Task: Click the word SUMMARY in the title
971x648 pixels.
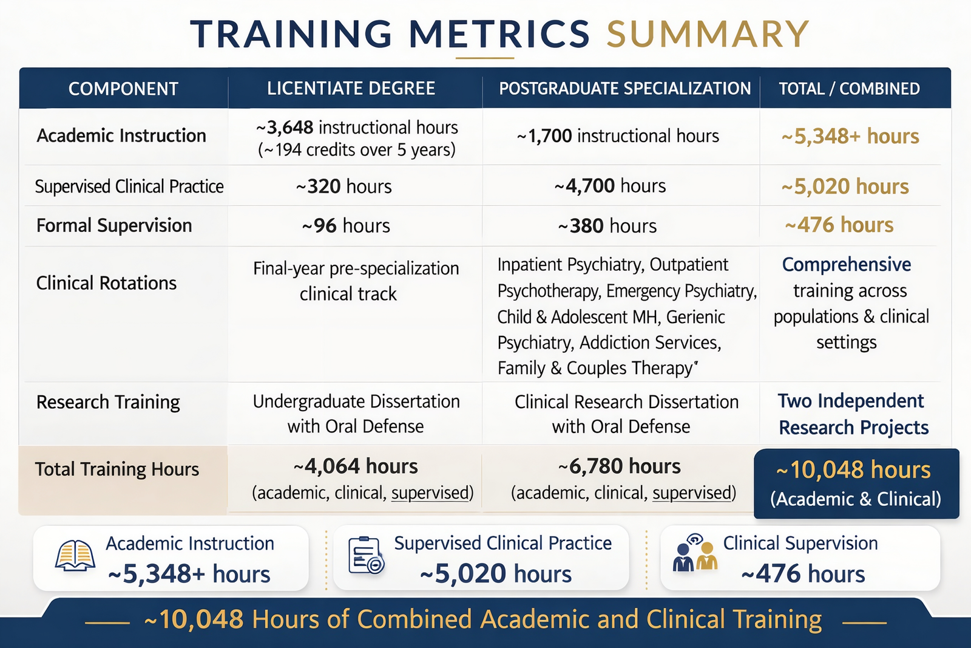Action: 708,34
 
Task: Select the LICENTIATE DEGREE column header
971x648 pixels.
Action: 351,89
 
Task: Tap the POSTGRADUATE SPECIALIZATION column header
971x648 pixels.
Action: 624,89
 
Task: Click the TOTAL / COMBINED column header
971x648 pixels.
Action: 849,89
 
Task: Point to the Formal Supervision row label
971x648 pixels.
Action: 114,226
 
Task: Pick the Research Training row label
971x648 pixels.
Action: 108,402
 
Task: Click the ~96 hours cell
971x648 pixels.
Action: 346,226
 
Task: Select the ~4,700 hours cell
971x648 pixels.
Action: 610,186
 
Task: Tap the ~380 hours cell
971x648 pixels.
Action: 607,226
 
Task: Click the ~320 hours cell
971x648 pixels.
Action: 343,186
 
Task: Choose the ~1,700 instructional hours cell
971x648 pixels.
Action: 618,136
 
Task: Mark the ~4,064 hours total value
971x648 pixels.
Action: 356,466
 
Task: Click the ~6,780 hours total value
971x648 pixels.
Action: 619,466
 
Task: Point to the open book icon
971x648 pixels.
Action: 75,556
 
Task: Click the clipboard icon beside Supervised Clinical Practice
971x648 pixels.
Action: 366,556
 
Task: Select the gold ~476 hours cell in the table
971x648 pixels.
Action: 839,225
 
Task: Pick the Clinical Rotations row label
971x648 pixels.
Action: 106,283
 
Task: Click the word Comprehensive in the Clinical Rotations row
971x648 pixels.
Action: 846,265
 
